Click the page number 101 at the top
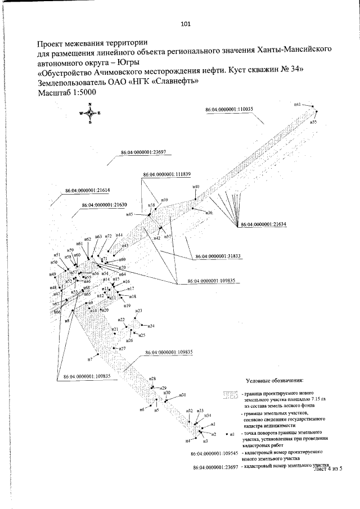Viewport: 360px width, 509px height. [x=186, y=24]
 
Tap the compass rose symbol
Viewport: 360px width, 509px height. [x=90, y=112]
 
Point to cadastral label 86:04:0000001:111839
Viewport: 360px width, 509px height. [x=166, y=174]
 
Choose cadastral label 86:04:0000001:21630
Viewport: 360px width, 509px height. [x=103, y=205]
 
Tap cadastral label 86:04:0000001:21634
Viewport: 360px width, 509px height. [x=263, y=224]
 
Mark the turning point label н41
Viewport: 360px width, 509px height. [x=298, y=104]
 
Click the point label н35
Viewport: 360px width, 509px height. [x=313, y=121]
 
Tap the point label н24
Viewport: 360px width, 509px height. [x=151, y=326]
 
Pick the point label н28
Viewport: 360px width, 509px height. [x=152, y=379]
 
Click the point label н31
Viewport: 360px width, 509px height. [x=182, y=395]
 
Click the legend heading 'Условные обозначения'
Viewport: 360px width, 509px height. [x=274, y=381]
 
